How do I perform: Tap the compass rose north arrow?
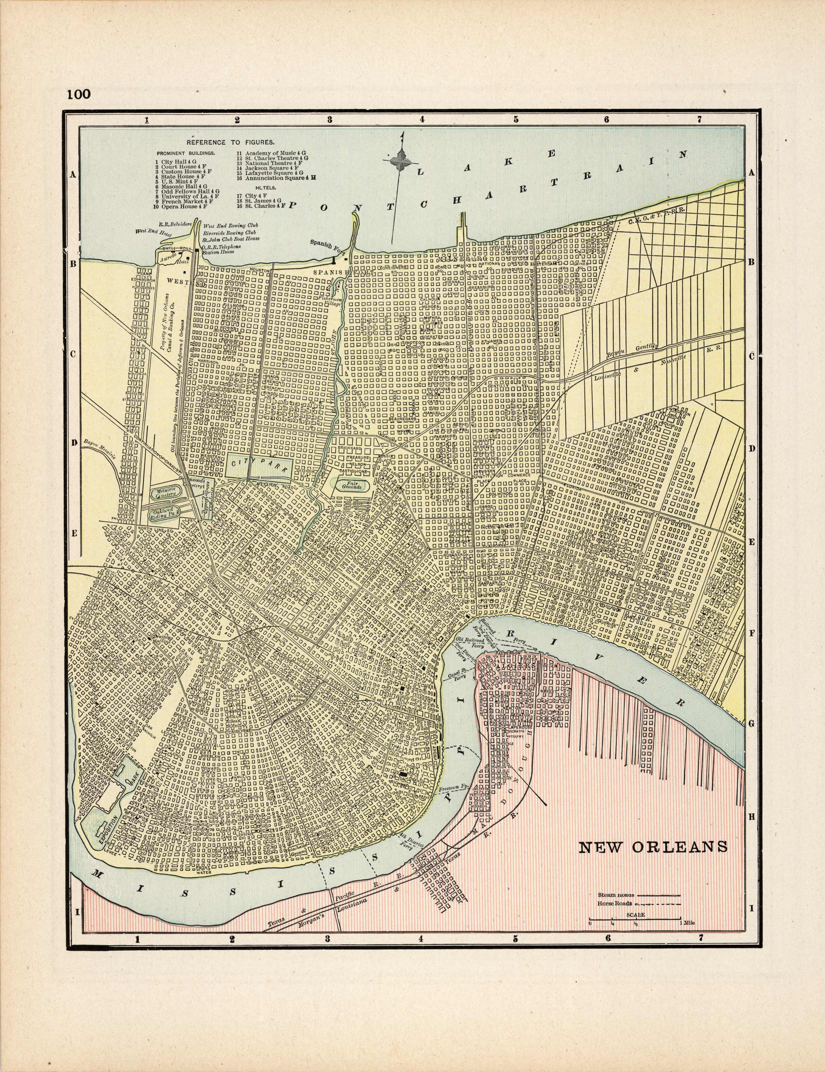402,162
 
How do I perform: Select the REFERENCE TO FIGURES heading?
227,142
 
